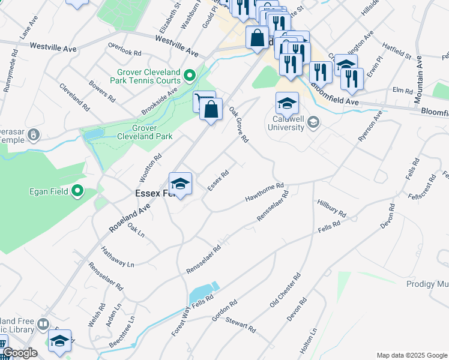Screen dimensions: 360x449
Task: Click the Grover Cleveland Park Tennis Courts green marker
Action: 190,76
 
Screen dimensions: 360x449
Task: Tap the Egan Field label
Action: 46,192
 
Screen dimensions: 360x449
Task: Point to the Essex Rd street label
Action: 218,180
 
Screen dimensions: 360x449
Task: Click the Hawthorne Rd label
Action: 264,193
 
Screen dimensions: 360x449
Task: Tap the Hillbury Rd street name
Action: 332,209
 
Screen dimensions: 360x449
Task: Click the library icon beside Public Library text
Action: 43,325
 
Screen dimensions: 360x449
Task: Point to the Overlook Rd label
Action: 124,49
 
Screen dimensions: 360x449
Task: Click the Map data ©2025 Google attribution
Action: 411,355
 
